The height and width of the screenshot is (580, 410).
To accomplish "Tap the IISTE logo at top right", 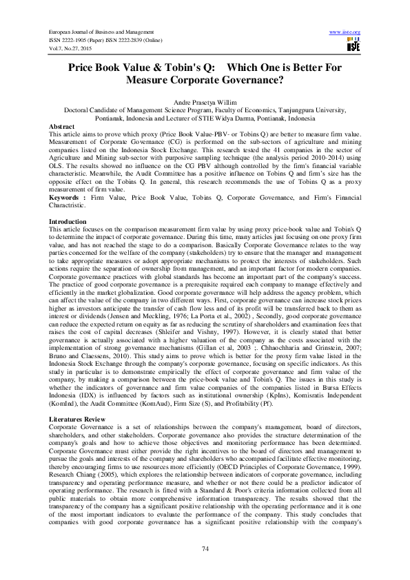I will pos(353,45).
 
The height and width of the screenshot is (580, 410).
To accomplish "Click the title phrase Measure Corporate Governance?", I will pos(205,80).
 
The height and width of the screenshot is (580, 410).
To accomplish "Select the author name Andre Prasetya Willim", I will pos(205,101).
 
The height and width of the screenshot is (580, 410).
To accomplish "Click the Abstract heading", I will pos(62,127).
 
